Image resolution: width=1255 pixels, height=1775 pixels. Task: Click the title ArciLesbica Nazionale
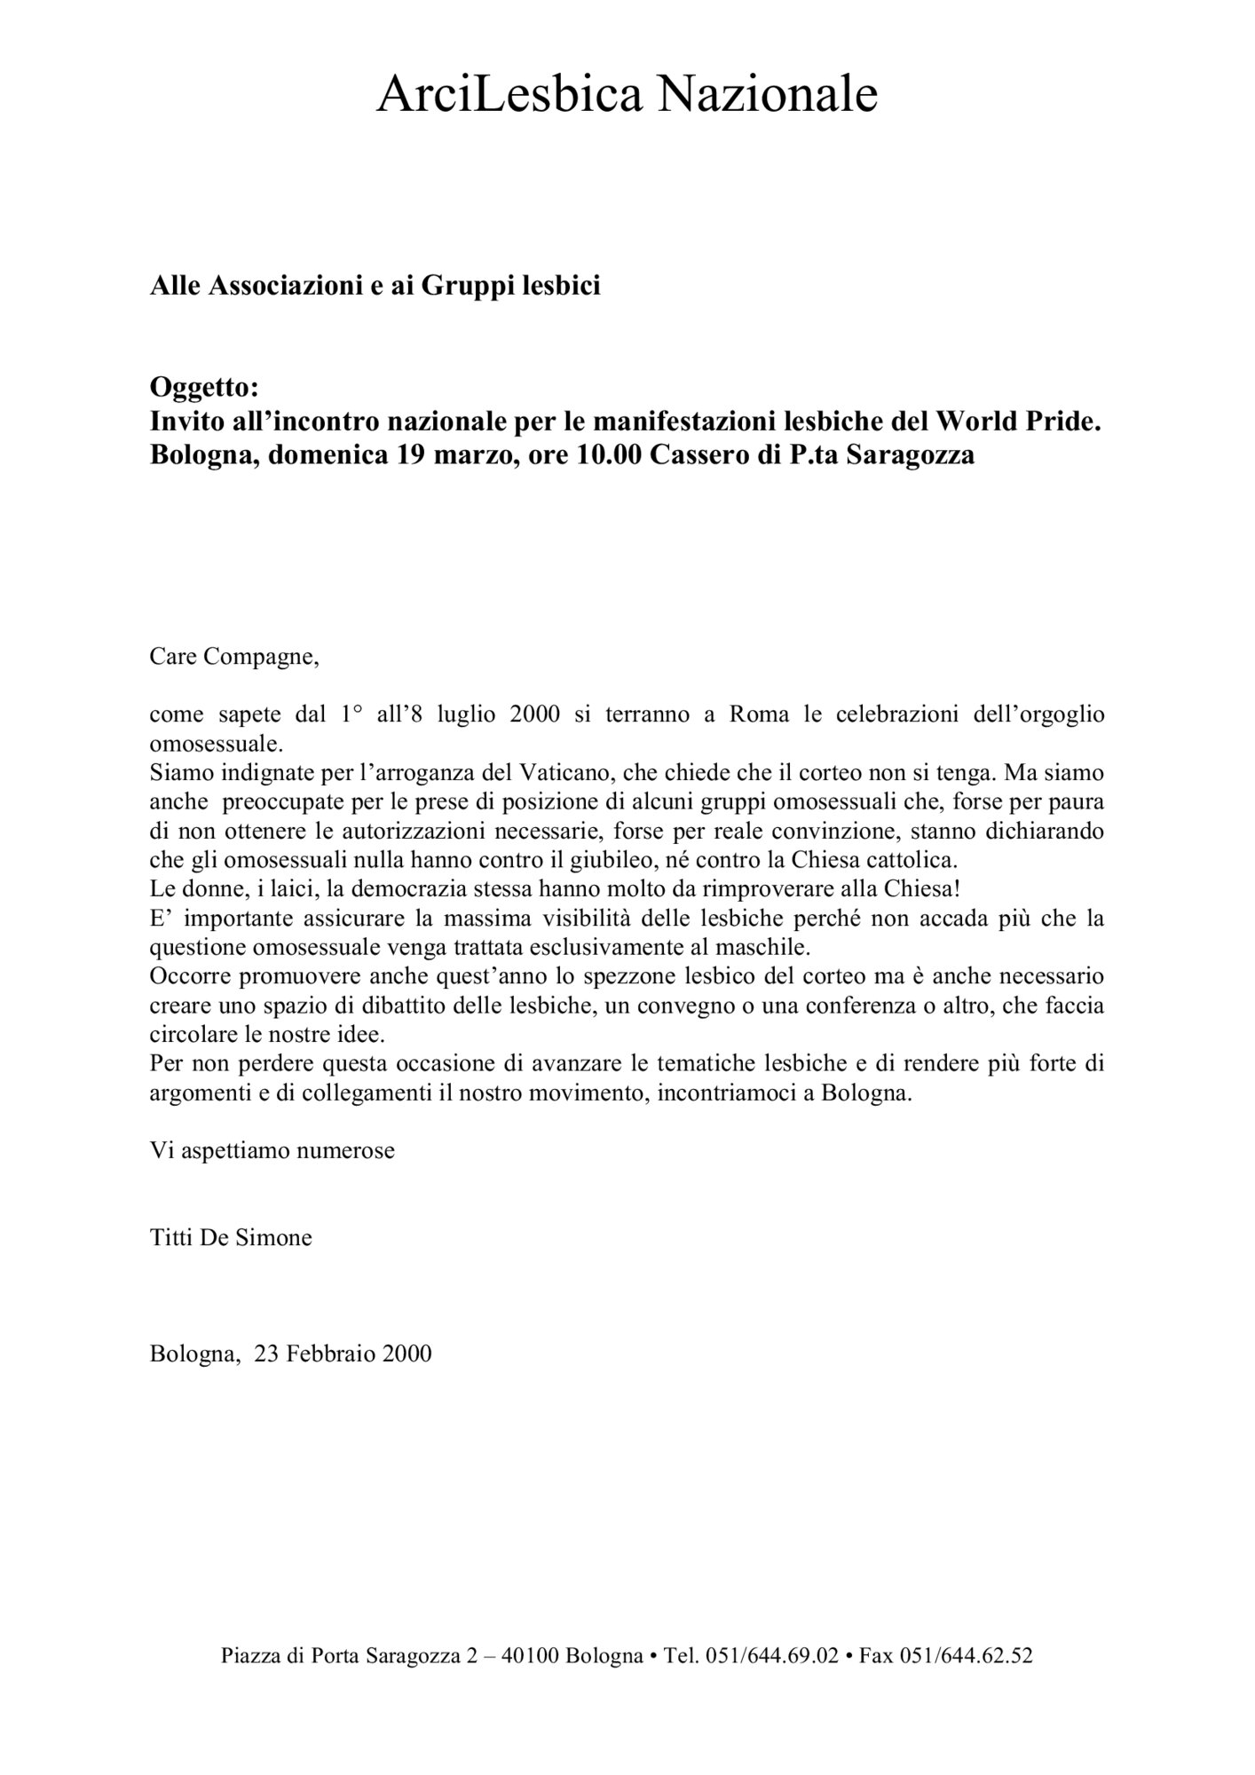tap(627, 95)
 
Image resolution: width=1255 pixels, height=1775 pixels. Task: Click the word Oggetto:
tap(204, 387)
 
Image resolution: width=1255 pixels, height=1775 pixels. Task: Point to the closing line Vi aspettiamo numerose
tap(272, 1151)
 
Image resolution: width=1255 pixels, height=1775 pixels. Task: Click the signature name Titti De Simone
tap(231, 1238)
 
